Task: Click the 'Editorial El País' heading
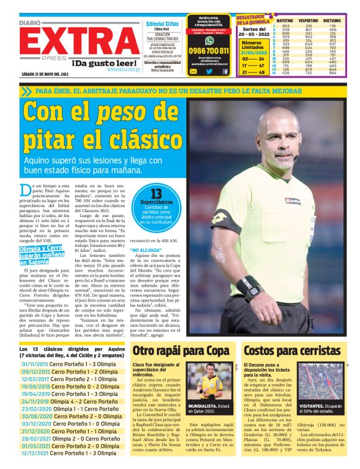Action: pos(162,24)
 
